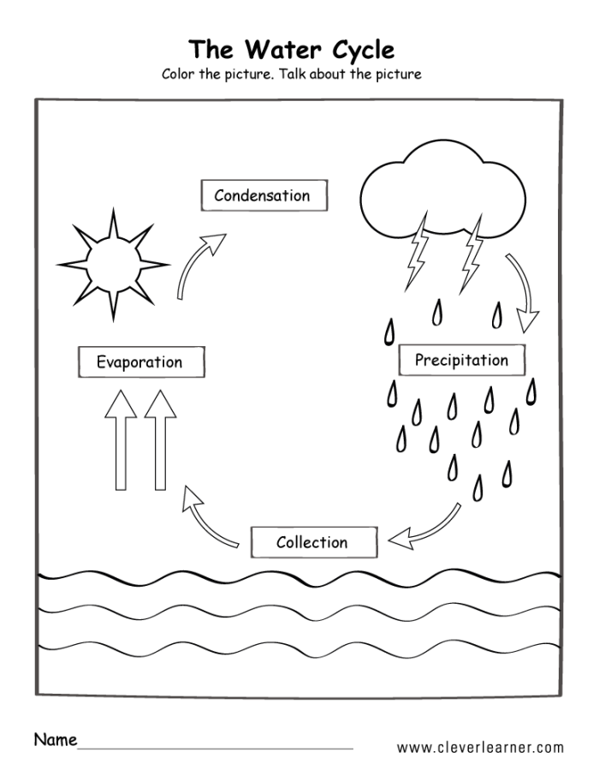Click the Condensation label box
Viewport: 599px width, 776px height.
[262, 195]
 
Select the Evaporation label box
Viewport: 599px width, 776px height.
[140, 361]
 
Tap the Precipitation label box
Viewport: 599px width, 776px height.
[461, 360]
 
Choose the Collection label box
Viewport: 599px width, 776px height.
[312, 542]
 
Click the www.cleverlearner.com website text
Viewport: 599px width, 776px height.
[480, 747]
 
